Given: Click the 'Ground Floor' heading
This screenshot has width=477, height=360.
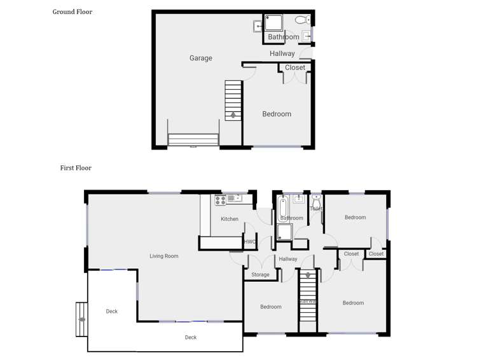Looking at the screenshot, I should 72,11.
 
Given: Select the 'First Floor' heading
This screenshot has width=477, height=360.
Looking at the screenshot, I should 76,168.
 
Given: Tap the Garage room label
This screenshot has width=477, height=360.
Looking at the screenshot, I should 200,58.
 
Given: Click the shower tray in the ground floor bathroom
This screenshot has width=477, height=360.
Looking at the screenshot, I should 274,24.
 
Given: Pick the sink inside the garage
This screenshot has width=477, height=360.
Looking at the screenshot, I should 256,26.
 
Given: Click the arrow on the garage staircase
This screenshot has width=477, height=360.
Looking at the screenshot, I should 233,115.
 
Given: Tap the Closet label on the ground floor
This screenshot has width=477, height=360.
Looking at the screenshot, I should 295,67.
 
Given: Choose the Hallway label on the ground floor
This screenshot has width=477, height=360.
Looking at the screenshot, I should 282,53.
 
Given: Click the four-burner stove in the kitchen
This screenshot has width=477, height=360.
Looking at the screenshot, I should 221,200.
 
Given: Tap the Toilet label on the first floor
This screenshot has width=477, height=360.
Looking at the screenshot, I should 316,209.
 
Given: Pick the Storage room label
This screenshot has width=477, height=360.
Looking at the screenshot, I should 260,275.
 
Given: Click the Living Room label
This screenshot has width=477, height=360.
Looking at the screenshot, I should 163,256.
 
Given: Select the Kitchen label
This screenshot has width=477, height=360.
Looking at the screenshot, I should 230,219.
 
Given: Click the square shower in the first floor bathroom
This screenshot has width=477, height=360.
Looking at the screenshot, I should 284,233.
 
